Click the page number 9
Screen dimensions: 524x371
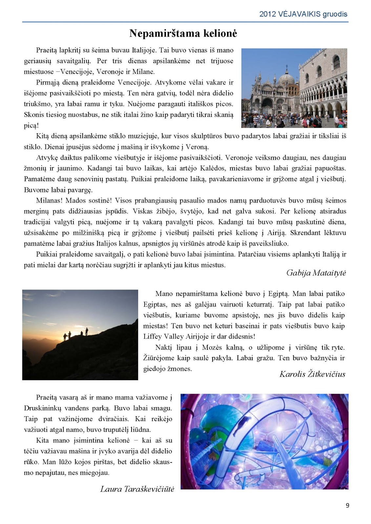click(347, 505)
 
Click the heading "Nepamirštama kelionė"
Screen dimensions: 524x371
click(183, 33)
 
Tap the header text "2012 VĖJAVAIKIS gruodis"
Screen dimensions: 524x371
click(303, 14)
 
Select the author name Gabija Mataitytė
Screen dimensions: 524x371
click(316, 273)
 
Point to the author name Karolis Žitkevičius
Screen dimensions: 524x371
click(312, 374)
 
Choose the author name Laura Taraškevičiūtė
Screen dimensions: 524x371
click(137, 489)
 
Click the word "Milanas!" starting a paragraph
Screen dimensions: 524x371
click(49, 200)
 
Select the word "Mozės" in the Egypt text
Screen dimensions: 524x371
click(212, 347)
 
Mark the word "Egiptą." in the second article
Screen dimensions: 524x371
click(278, 294)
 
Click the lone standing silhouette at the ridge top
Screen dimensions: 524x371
click(87, 331)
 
